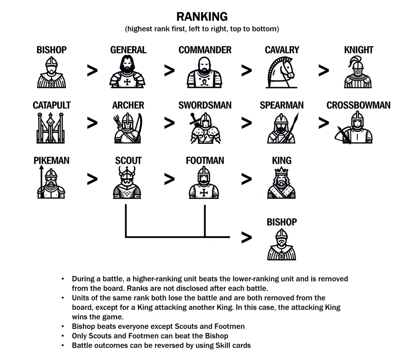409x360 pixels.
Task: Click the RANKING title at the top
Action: [x=202, y=17]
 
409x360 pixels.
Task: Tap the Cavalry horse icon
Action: [x=282, y=72]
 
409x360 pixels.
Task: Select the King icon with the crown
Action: [x=282, y=183]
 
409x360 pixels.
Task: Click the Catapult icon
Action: [x=52, y=127]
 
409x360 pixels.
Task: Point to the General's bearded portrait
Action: [x=128, y=72]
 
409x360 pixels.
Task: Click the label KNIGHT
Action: [x=359, y=50]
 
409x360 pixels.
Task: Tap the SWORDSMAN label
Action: [x=205, y=105]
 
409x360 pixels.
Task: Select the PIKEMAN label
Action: [x=52, y=161]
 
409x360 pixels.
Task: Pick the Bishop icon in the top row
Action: [x=52, y=72]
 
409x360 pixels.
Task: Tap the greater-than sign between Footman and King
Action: [x=246, y=179]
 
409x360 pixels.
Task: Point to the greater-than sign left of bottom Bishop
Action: [x=246, y=237]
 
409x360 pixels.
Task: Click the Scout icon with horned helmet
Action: [x=128, y=183]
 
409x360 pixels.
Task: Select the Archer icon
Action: [x=128, y=127]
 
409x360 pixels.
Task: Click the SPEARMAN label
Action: [x=282, y=105]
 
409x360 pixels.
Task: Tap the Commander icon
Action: [x=205, y=72]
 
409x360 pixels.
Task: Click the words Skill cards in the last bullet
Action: [x=234, y=345]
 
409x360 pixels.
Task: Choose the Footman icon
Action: [x=204, y=183]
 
